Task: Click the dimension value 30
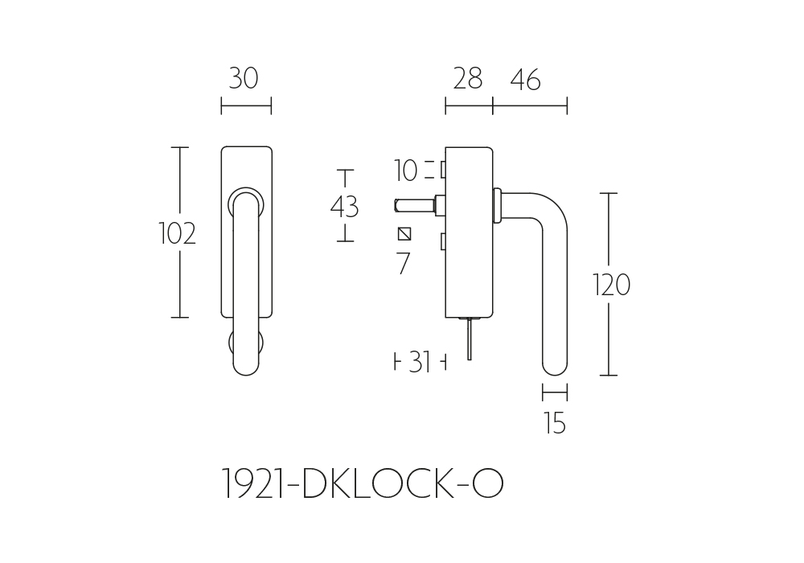[243, 79]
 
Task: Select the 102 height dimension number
[177, 233]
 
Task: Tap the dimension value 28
[468, 79]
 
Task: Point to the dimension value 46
[526, 80]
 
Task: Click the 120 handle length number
[611, 285]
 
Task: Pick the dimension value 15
[555, 424]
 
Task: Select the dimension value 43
[344, 208]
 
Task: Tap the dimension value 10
[405, 171]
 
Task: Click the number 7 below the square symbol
[404, 264]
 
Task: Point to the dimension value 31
[420, 362]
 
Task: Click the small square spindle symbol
[404, 234]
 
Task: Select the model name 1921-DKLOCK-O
[363, 483]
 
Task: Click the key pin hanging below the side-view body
[470, 339]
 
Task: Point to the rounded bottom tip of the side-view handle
[555, 370]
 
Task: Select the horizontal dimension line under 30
[246, 106]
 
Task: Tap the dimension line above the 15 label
[555, 392]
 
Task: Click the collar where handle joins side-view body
[497, 206]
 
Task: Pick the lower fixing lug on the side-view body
[443, 242]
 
